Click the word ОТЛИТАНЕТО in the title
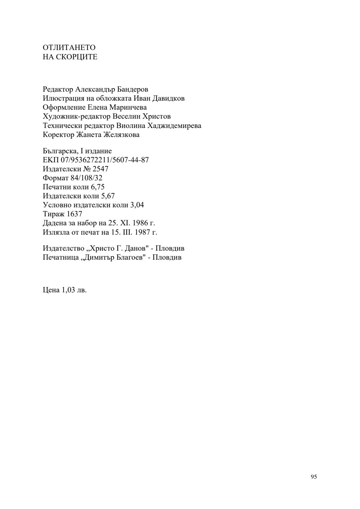pyautogui.click(x=69, y=48)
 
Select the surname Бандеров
pyautogui.click(x=133, y=89)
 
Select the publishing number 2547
pyautogui.click(x=100, y=169)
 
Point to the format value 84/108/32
pyautogui.click(x=86, y=178)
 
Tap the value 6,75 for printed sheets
pyautogui.click(x=98, y=187)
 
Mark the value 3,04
pyautogui.click(x=137, y=205)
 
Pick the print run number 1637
pyautogui.click(x=74, y=214)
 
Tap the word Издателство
pyautogui.click(x=64, y=248)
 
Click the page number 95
pyautogui.click(x=314, y=477)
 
